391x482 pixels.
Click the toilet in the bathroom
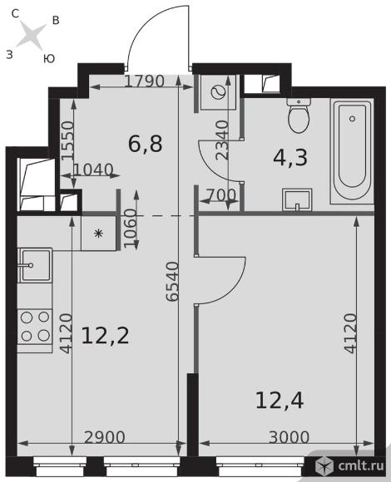pos(299,116)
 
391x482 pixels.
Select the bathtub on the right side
pos(352,151)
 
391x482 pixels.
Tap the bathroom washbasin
pos(297,199)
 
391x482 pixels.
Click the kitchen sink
pos(36,265)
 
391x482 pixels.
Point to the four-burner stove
pos(35,327)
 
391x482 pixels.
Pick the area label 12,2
pos(105,336)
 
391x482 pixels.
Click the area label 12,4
pos(280,401)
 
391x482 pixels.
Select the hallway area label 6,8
pos(146,143)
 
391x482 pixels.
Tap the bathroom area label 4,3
pos(290,157)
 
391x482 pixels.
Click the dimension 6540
pos(172,281)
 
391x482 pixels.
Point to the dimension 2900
pos(105,437)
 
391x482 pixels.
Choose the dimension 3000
pos(289,437)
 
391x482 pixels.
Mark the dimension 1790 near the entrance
pos(145,81)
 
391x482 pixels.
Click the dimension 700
pos(221,195)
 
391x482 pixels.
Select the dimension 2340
pos(222,140)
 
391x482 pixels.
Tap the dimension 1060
pos(130,228)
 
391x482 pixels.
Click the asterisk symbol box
pos(99,234)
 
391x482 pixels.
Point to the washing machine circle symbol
pos(219,91)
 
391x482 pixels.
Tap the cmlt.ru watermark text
pos(361,465)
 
